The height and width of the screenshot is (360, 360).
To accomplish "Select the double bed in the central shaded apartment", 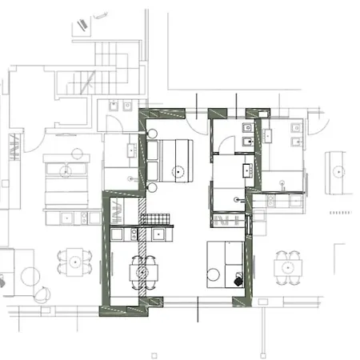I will (x=175, y=159).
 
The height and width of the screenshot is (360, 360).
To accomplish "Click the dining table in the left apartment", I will (x=75, y=260).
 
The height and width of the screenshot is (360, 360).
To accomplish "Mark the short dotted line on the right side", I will (x=339, y=214).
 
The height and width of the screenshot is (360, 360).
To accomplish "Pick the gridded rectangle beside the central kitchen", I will (x=154, y=218).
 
